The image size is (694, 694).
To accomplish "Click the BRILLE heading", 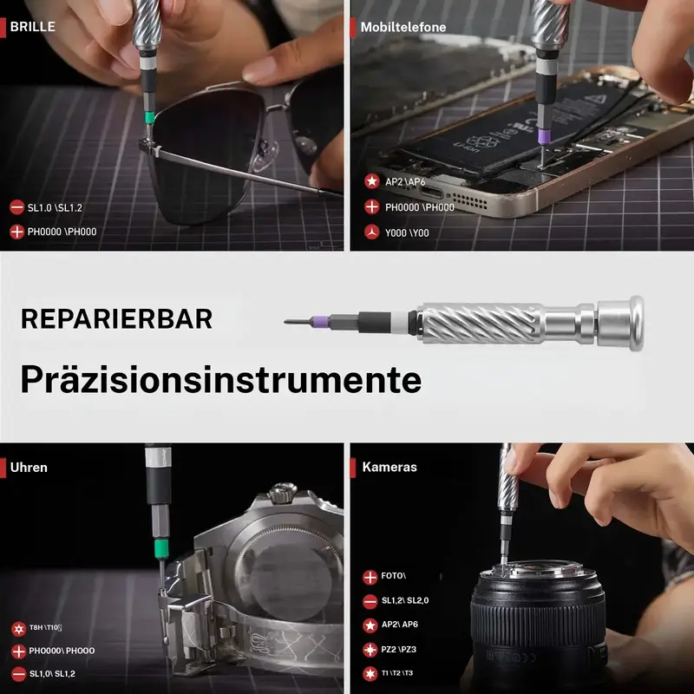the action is pyautogui.click(x=33, y=27).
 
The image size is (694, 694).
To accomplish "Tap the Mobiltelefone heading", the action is pyautogui.click(x=403, y=28).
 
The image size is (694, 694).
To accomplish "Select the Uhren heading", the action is pyautogui.click(x=29, y=468).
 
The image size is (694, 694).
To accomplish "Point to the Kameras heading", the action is pyautogui.click(x=390, y=467).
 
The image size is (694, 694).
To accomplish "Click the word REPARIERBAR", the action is pyautogui.click(x=116, y=318).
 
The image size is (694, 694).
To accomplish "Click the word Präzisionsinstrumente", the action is pyautogui.click(x=221, y=380).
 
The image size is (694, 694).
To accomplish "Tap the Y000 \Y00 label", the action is pyautogui.click(x=407, y=232).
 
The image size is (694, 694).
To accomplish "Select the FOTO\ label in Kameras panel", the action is pyautogui.click(x=394, y=576).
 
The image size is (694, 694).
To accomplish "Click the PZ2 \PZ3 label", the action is pyautogui.click(x=399, y=649).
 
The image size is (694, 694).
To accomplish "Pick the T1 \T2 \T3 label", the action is pyautogui.click(x=397, y=673).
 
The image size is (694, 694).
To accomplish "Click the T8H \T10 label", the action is pyautogui.click(x=45, y=627).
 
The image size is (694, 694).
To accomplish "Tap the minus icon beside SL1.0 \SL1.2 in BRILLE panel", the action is pyautogui.click(x=16, y=207).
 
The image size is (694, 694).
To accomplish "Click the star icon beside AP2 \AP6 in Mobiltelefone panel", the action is pyautogui.click(x=372, y=181).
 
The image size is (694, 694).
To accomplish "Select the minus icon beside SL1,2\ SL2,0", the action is pyautogui.click(x=370, y=601).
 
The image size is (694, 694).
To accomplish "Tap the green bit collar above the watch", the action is pyautogui.click(x=161, y=548).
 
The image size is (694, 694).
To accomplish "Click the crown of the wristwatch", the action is pyautogui.click(x=283, y=493).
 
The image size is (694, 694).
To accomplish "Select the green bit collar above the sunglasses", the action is pyautogui.click(x=150, y=117).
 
